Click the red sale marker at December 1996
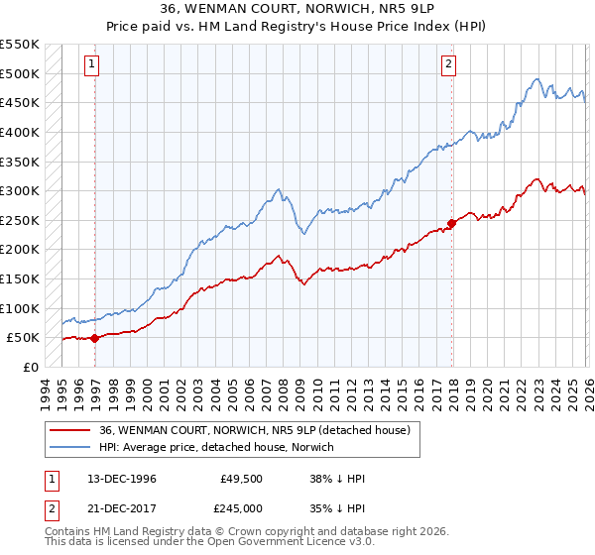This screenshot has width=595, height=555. [95, 338]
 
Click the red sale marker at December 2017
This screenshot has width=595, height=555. [452, 223]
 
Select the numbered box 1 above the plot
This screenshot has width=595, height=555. [91, 64]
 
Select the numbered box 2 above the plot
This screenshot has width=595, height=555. [448, 64]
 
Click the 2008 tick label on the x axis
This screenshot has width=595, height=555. [283, 391]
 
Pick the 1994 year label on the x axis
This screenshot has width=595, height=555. [46, 391]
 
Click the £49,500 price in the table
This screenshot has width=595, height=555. [242, 479]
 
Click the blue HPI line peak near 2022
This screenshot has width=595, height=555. [535, 79]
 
